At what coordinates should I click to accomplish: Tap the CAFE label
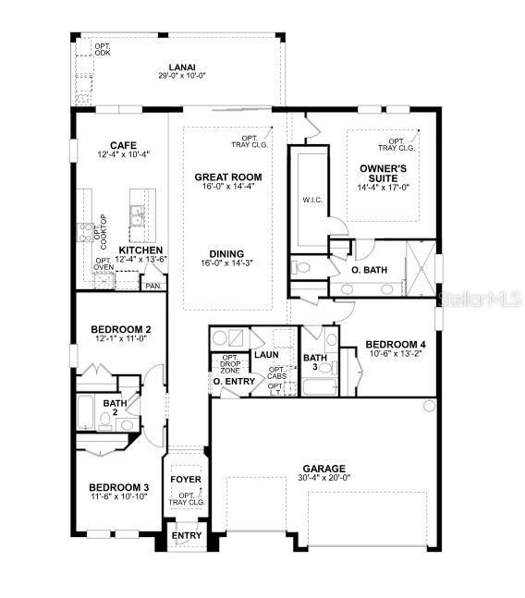124,145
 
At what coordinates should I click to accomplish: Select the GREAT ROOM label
227,177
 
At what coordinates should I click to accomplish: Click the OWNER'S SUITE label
380,173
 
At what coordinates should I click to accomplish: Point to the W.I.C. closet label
311,199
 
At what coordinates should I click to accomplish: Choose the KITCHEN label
140,250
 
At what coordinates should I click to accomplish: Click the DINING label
226,253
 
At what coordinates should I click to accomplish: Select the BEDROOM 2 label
121,329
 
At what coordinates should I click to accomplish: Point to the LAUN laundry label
266,354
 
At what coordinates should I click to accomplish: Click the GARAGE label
322,469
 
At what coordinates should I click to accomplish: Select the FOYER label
186,480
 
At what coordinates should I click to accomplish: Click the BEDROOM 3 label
119,487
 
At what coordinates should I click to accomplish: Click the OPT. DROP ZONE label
230,363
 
